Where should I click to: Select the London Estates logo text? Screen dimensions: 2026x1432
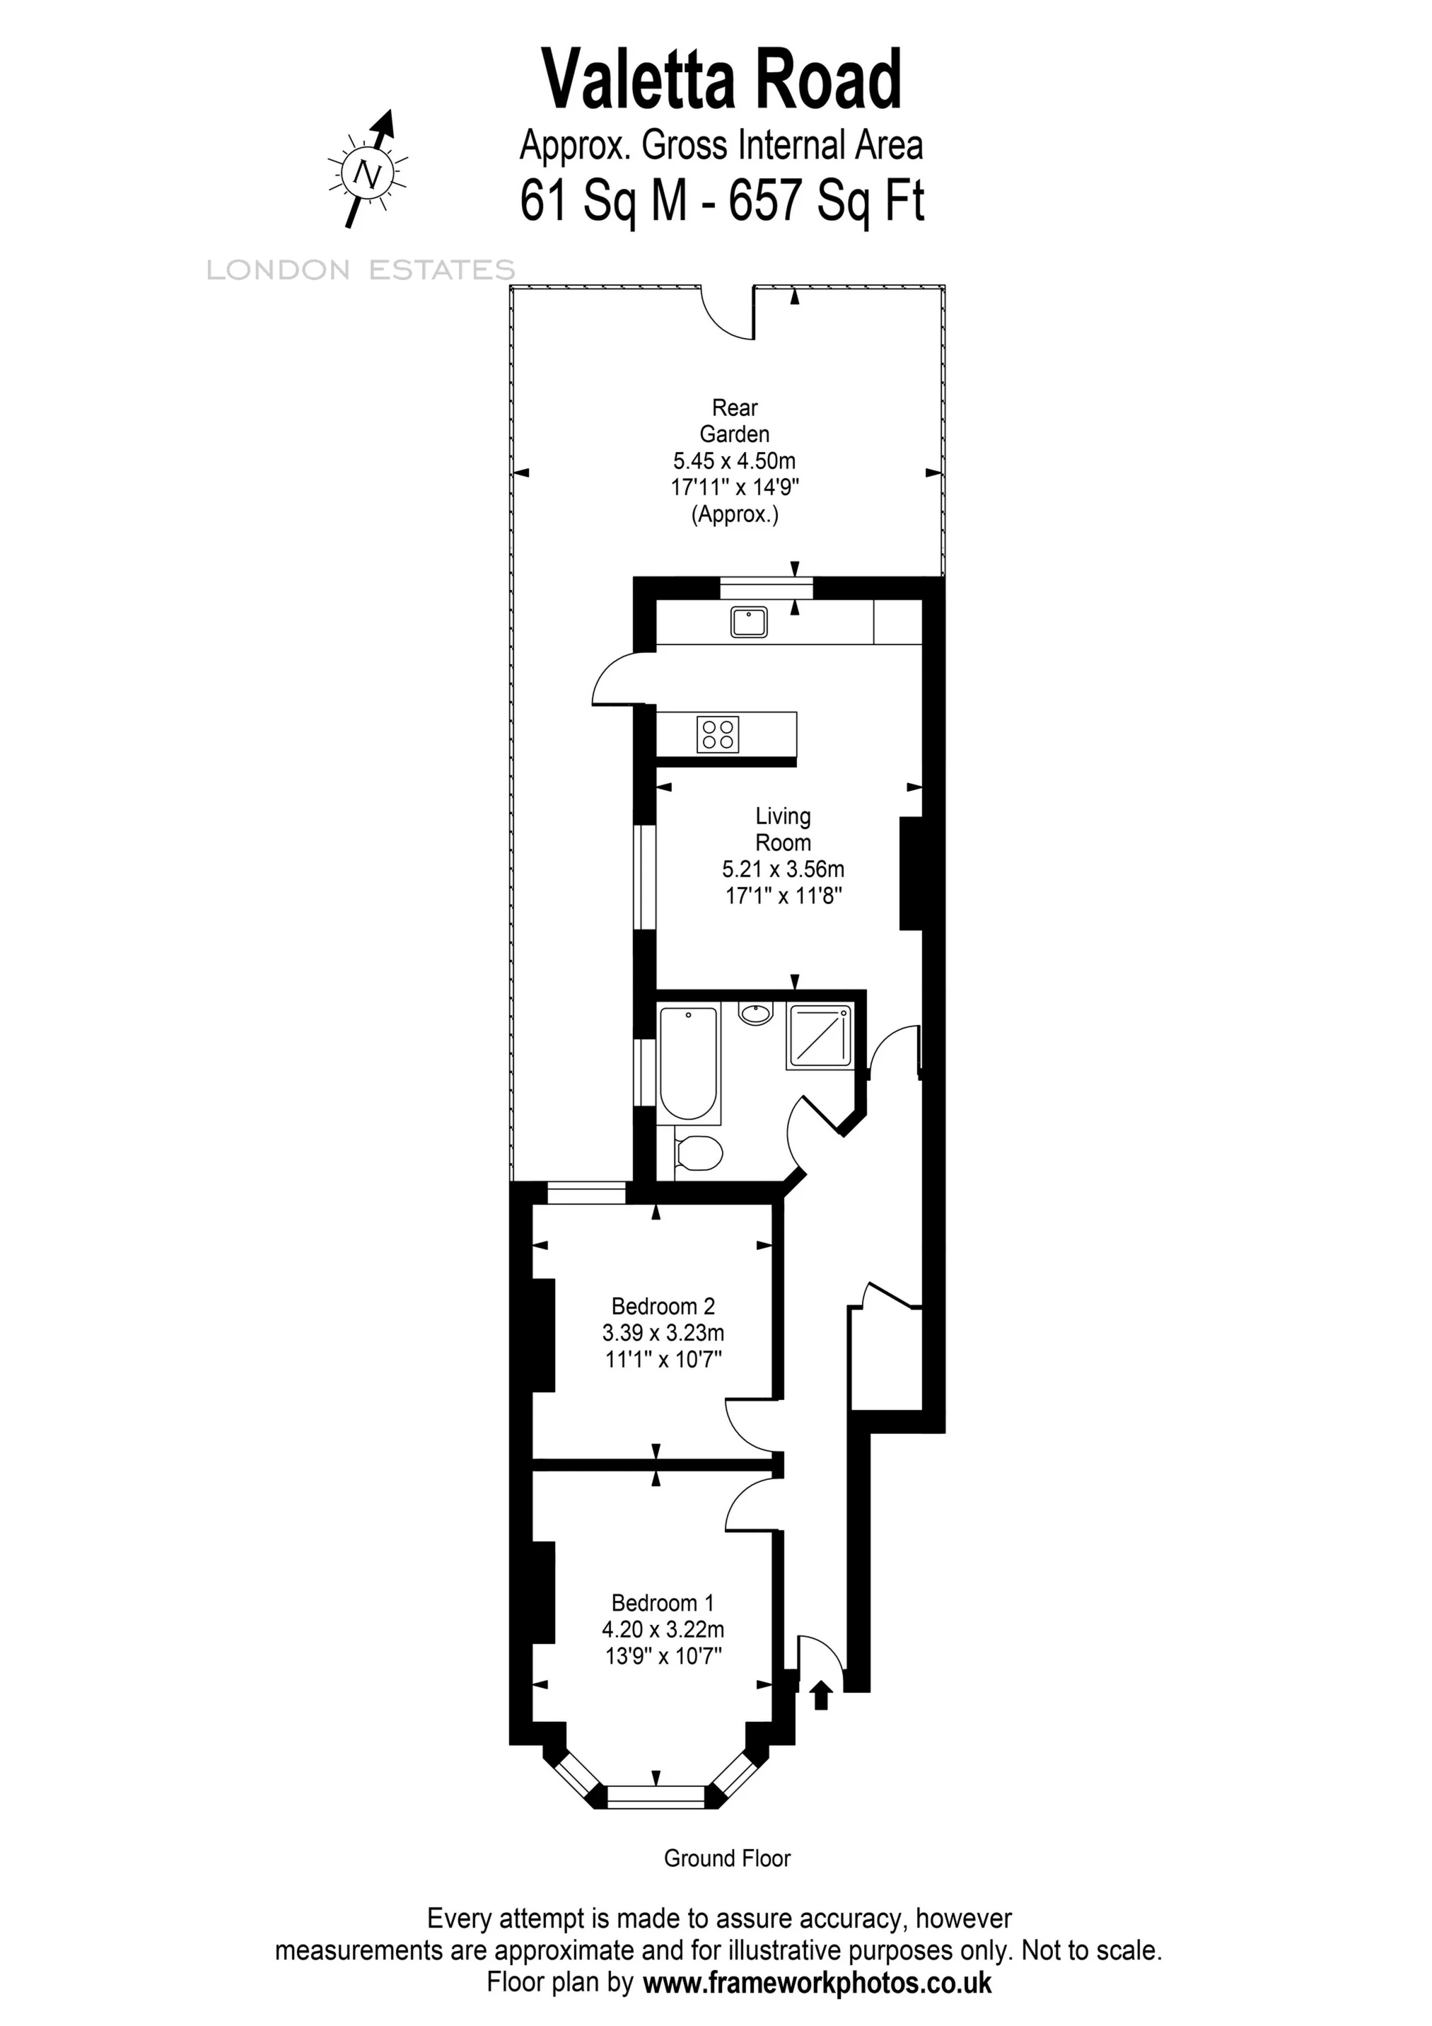pos(360,270)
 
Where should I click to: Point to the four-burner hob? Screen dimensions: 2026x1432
pos(717,734)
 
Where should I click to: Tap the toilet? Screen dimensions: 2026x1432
pos(699,1152)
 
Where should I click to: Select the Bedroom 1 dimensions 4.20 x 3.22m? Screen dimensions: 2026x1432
pos(663,1629)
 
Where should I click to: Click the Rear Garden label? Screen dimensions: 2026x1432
pos(734,421)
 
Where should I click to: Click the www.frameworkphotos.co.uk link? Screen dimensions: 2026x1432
pos(817,1984)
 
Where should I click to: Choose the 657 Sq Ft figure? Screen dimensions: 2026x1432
pos(826,201)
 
